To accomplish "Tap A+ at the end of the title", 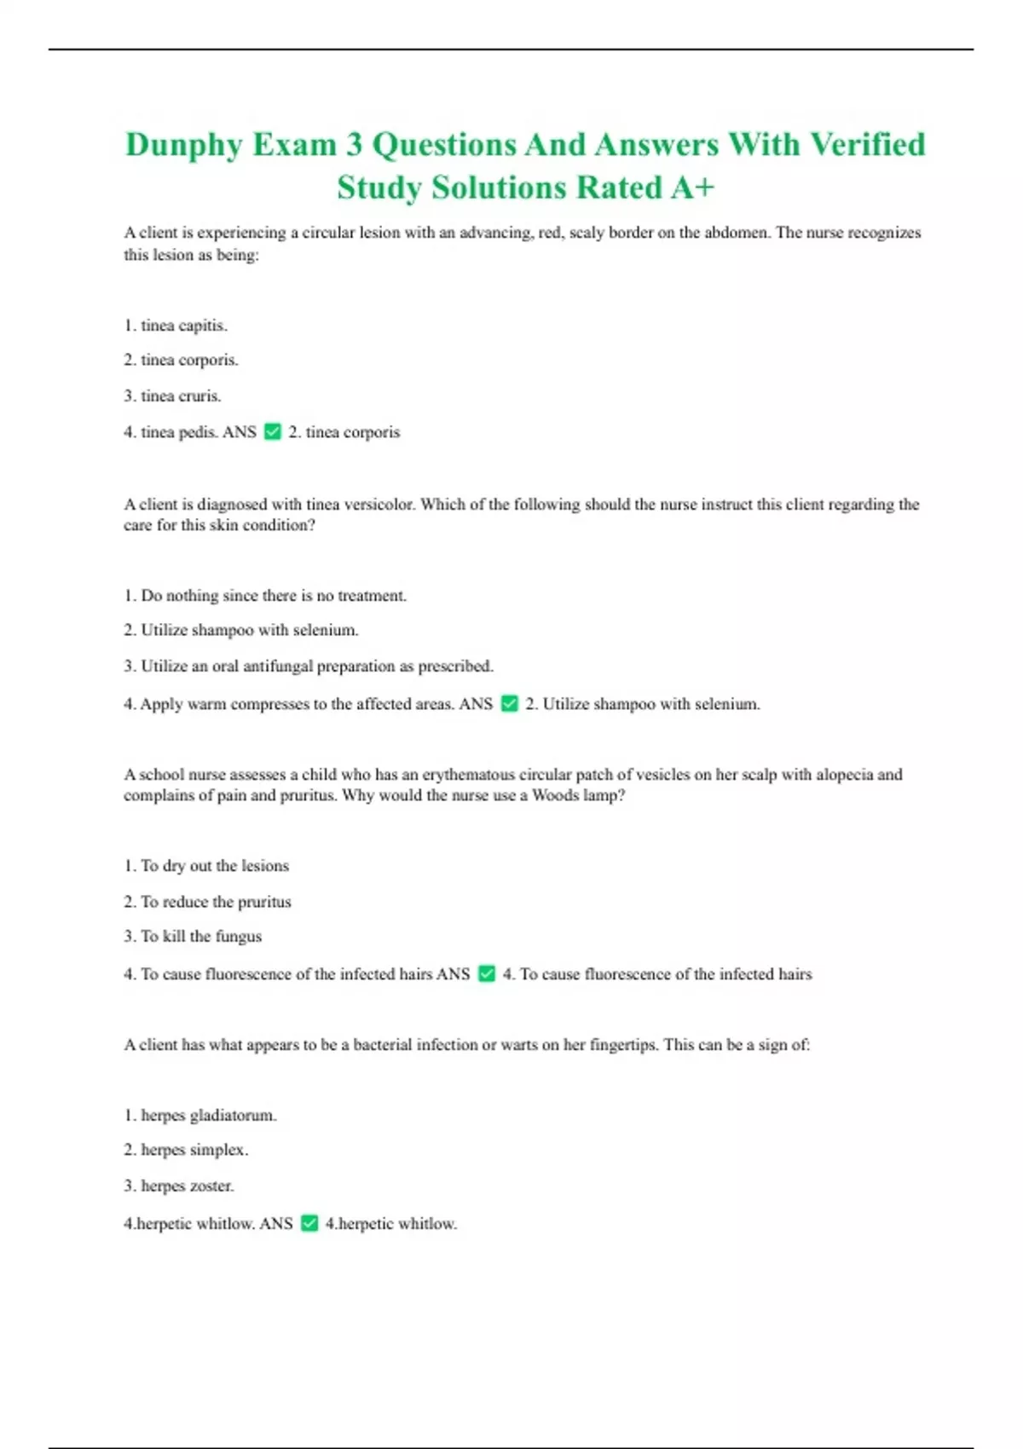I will tap(691, 188).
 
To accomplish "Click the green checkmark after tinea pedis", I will tap(273, 432).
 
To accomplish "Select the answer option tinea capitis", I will tap(176, 326).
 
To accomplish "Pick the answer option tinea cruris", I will tap(172, 396).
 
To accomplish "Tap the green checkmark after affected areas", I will tap(510, 704).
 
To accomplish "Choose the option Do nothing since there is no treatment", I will tap(265, 596).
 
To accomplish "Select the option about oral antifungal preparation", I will tap(309, 667).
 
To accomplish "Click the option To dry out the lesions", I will tap(206, 866).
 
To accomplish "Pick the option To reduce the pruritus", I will tap(207, 902).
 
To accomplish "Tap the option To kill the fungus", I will tap(193, 937).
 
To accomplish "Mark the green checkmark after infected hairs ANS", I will tap(487, 974).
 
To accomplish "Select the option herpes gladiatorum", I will tap(200, 1116).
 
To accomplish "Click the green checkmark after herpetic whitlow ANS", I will tap(309, 1224).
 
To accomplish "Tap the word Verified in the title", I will tap(867, 145).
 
